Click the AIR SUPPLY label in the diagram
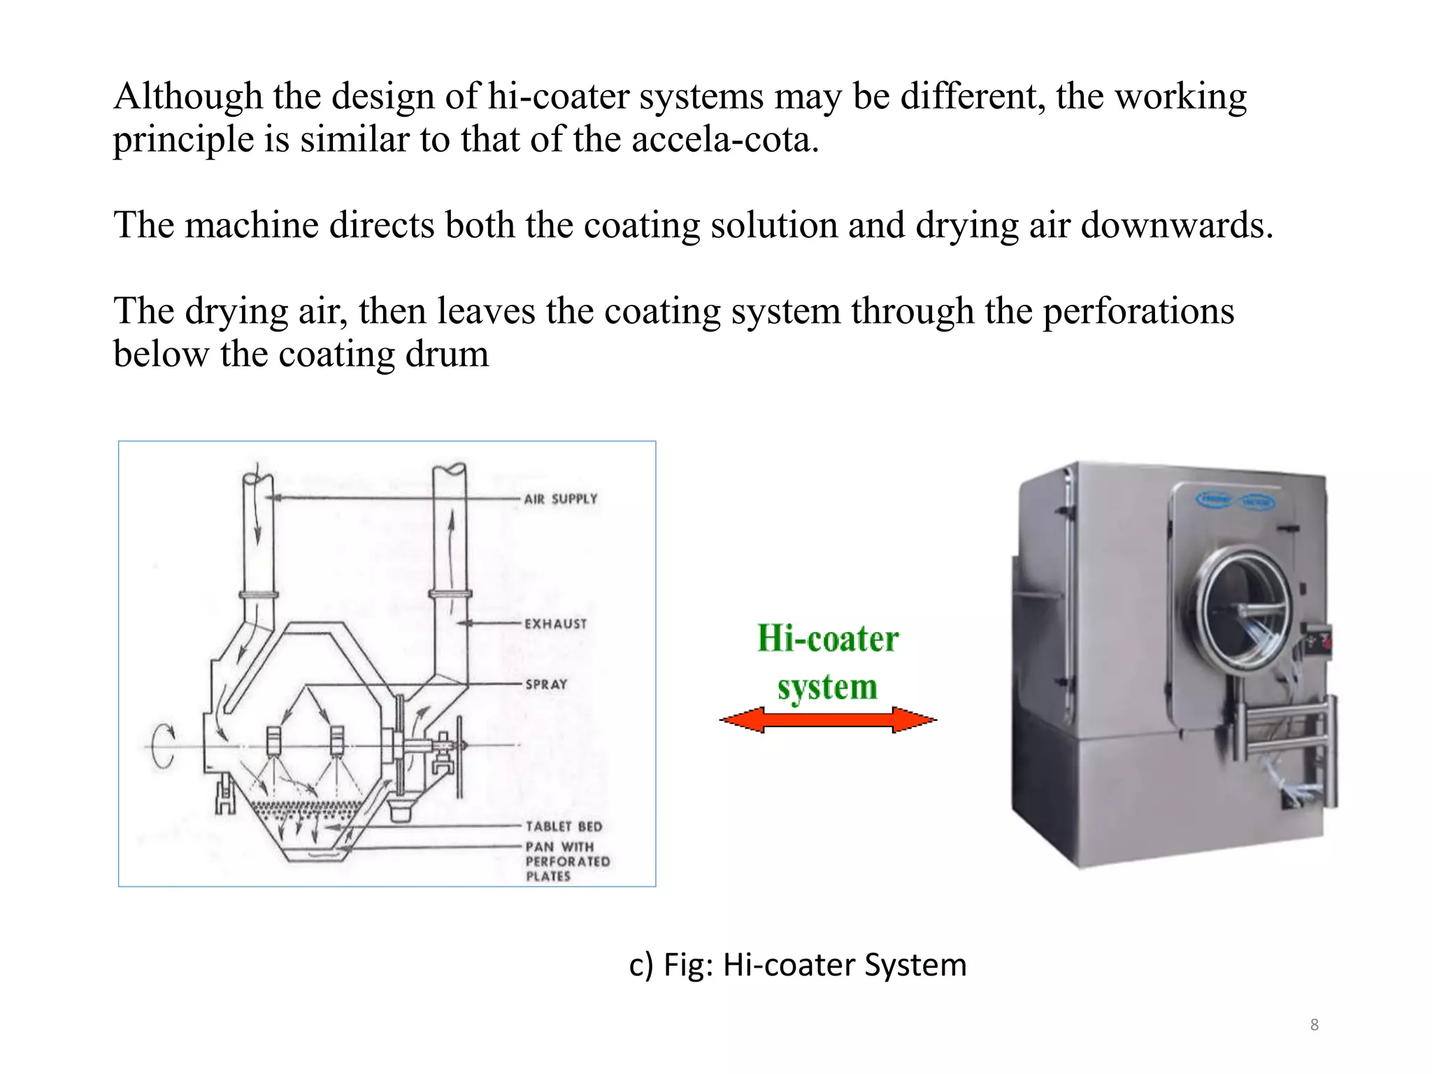[561, 499]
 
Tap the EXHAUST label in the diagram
[555, 624]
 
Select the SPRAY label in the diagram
[546, 684]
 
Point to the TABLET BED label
[564, 826]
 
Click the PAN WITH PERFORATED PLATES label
[567, 861]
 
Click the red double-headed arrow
[828, 719]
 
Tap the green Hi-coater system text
[828, 662]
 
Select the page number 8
[1314, 1025]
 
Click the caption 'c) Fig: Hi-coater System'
[797, 965]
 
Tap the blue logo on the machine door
[1236, 501]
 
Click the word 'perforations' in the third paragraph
[1138, 311]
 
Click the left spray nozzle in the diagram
[273, 740]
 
